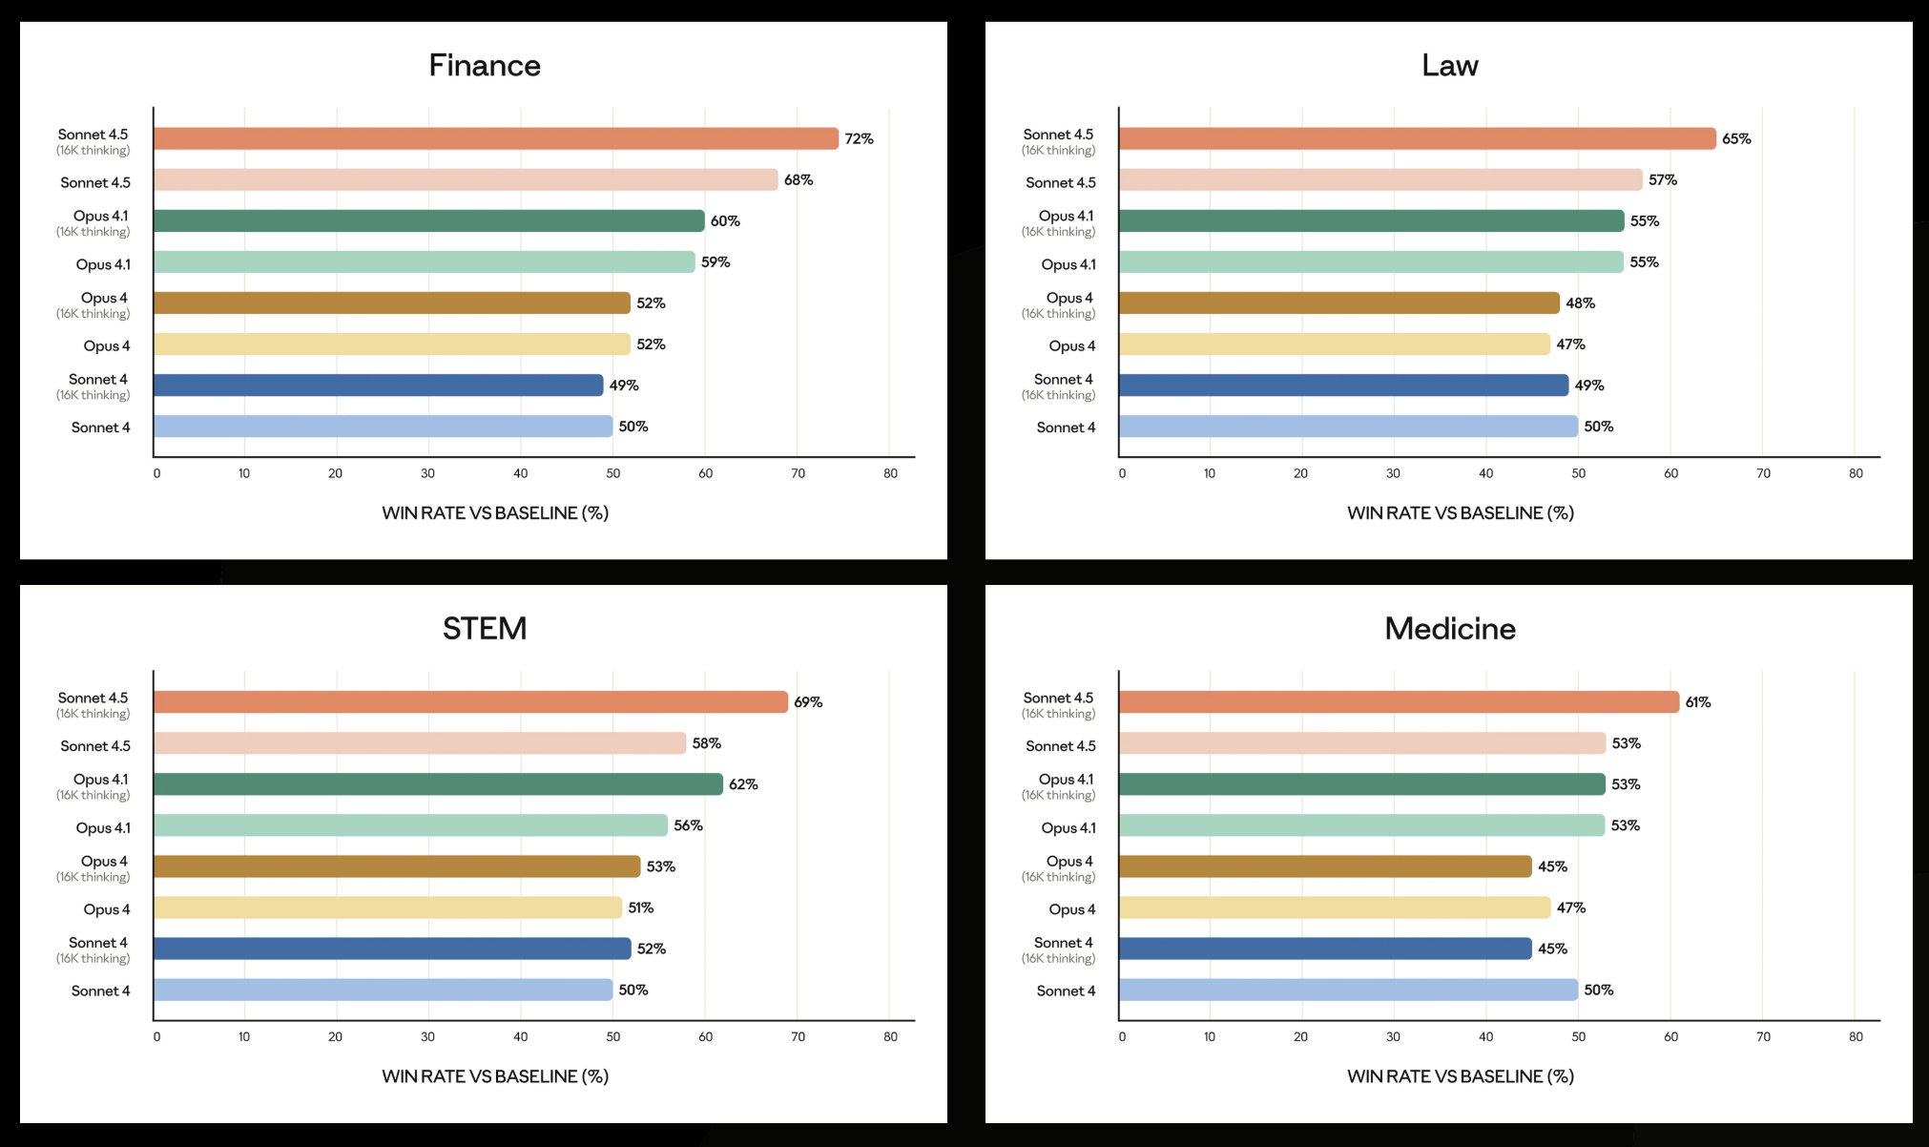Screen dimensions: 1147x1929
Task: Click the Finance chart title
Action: click(x=485, y=65)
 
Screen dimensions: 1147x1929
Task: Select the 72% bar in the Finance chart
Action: click(x=495, y=138)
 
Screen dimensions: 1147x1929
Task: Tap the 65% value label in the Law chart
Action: click(x=1736, y=139)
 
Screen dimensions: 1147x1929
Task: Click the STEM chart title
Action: click(x=485, y=628)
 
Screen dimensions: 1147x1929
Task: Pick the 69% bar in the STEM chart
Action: click(x=470, y=702)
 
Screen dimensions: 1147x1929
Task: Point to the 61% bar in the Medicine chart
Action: click(x=1399, y=702)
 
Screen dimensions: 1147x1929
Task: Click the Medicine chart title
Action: click(x=1450, y=628)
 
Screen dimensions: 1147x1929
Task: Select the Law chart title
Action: click(x=1450, y=65)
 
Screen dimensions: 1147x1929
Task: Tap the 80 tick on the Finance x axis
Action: click(x=890, y=473)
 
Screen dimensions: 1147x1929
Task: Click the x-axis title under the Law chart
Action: click(x=1461, y=513)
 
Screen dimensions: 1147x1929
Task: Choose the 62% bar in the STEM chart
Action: click(x=438, y=784)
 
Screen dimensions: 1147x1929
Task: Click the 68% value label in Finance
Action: click(x=799, y=180)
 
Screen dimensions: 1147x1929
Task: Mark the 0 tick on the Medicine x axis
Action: click(x=1122, y=1036)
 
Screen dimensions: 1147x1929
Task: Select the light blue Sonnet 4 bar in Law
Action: click(x=1348, y=427)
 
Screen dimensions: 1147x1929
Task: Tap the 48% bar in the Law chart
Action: click(x=1338, y=303)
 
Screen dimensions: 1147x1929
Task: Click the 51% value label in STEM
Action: click(x=641, y=907)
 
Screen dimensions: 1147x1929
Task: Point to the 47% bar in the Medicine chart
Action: click(x=1335, y=907)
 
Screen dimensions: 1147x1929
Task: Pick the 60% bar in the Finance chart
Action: click(x=428, y=221)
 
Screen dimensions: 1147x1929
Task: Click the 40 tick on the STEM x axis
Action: click(x=520, y=1036)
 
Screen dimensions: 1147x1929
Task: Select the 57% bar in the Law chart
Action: click(x=1380, y=180)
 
